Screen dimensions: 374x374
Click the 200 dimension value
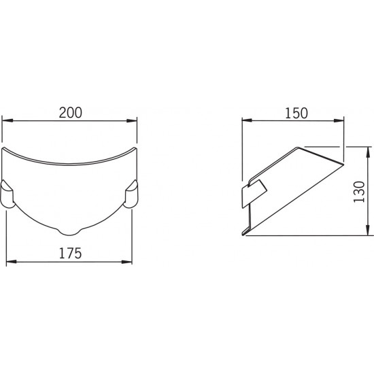[70, 113]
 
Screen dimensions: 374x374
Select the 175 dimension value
[70, 254]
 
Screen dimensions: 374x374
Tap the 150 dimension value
[296, 114]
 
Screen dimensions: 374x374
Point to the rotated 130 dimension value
[359, 192]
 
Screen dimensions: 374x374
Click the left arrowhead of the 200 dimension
[7, 121]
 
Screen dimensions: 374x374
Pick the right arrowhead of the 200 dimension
[132, 121]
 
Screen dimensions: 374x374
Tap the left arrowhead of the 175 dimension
[12, 262]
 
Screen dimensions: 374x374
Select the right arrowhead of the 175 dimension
[127, 262]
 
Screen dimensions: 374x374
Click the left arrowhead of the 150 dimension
[247, 120]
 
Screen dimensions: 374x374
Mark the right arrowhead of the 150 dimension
[339, 120]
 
